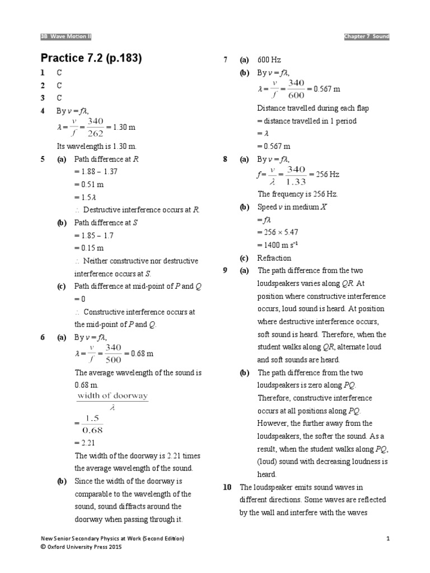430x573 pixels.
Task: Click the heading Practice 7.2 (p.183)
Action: click(x=91, y=58)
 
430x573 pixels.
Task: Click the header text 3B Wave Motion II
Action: click(x=66, y=36)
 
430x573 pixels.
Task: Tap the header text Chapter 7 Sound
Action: click(x=367, y=36)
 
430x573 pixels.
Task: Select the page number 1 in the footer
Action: click(x=387, y=538)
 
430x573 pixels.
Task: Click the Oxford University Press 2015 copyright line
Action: click(x=81, y=547)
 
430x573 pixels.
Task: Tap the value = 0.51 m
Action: click(x=89, y=185)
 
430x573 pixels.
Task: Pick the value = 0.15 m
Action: click(x=89, y=248)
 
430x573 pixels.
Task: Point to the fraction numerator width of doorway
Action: click(x=112, y=396)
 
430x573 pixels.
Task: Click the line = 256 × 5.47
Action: click(x=278, y=233)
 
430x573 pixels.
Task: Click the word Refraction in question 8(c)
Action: click(x=274, y=258)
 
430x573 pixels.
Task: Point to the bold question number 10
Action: click(x=227, y=487)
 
